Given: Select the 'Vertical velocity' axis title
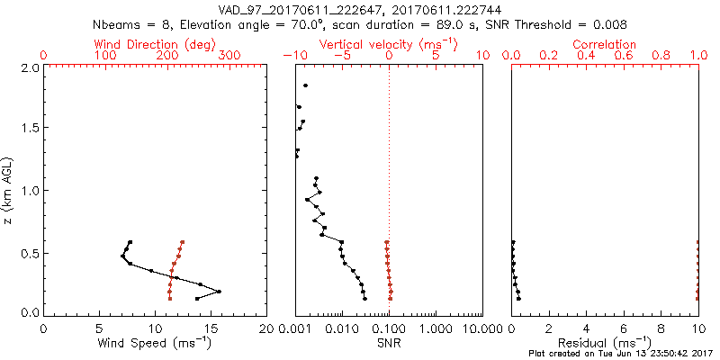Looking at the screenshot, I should tap(382, 44).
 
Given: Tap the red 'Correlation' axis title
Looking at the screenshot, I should tap(605, 44).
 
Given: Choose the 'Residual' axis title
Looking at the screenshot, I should tap(605, 342).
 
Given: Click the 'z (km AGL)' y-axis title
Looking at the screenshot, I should tap(8, 190).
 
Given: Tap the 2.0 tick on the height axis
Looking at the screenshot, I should tap(29, 67).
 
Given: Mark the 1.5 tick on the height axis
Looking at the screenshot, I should tap(29, 129).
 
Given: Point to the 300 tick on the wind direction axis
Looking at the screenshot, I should tap(229, 56).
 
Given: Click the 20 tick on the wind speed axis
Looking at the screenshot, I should tap(265, 327).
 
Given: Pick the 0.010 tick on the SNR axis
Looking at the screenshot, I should tap(343, 327).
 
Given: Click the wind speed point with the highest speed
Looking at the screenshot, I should tap(219, 291).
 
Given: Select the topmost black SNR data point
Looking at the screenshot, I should tap(306, 85).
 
